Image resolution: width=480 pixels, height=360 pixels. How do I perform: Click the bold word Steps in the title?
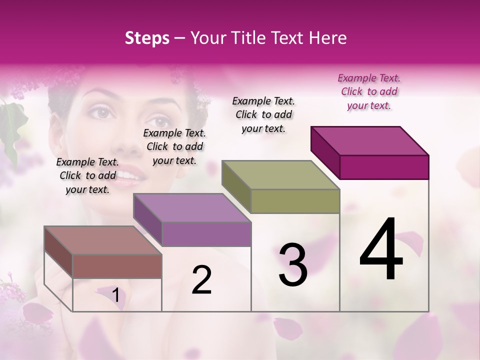tap(147, 38)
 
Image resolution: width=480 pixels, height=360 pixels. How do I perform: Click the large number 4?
tap(381, 250)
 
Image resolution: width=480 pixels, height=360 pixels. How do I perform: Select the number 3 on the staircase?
tap(293, 265)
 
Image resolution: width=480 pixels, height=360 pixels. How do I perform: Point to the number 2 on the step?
tap(201, 280)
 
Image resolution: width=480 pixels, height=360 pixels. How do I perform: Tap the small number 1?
tap(115, 295)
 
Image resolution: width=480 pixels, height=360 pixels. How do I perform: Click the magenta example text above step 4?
tap(369, 91)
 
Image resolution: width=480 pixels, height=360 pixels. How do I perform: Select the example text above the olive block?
tap(263, 114)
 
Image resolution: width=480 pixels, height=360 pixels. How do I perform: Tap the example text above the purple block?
tap(174, 146)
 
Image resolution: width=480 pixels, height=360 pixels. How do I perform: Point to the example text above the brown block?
tap(87, 175)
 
